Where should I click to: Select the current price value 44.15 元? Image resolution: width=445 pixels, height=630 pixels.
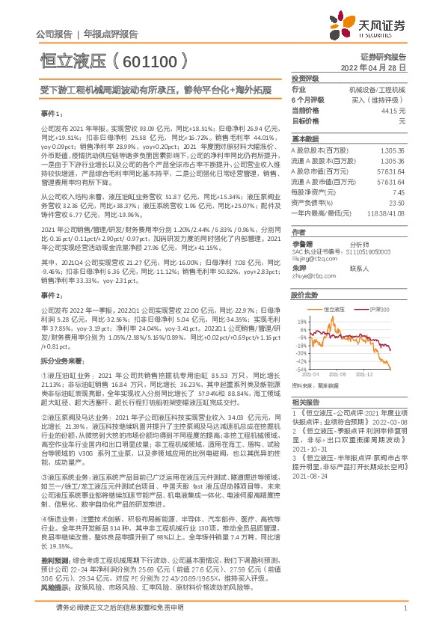pos(393,110)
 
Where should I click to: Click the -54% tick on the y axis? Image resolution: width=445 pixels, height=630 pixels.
pos(300,369)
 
